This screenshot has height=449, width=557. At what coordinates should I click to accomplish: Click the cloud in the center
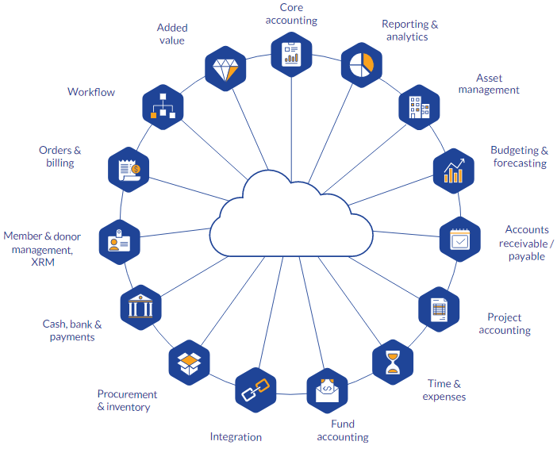291,218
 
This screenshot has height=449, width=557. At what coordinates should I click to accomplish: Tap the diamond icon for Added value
225,69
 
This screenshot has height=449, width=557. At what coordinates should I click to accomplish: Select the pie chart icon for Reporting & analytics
361,63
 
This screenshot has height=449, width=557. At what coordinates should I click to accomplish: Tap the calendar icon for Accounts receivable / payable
460,238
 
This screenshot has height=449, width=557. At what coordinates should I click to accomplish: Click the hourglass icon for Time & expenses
393,362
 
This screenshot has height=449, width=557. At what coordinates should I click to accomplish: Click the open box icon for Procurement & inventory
189,361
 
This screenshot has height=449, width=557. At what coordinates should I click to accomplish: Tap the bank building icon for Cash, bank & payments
140,305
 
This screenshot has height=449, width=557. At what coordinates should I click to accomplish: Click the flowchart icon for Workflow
163,106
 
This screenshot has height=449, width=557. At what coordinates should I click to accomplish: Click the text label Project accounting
505,324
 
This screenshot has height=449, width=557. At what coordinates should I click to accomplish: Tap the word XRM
42,262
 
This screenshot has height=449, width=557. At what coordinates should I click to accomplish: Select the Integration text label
236,436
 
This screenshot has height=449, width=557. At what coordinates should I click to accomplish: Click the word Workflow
91,92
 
